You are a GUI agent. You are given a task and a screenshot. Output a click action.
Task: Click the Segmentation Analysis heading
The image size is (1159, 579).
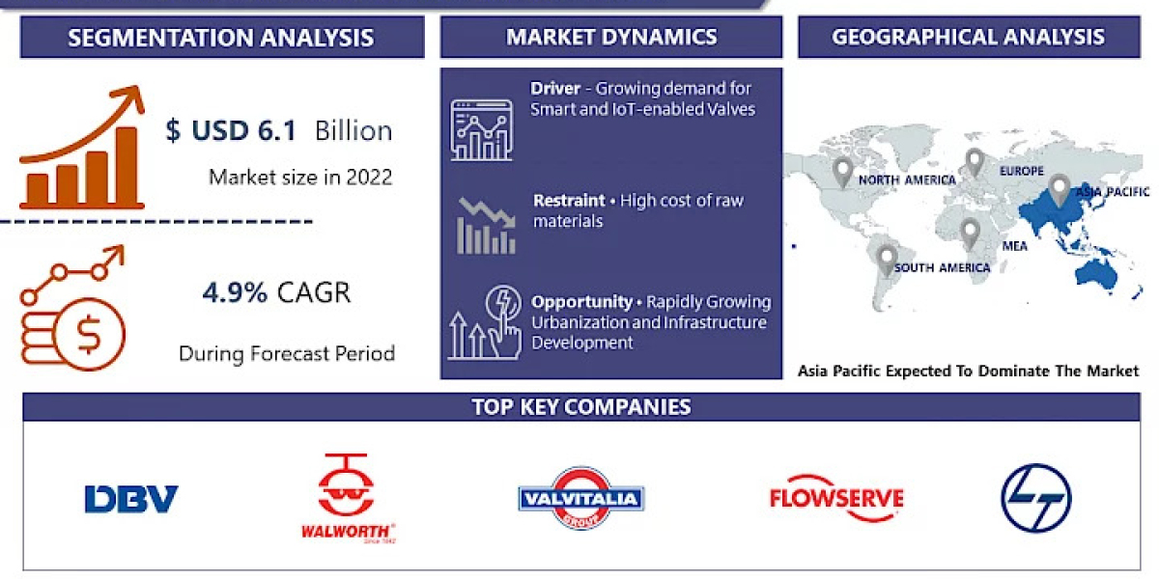221,39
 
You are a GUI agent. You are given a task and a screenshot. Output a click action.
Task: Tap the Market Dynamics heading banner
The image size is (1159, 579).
611,38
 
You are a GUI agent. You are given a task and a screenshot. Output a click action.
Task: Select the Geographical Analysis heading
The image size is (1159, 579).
968,38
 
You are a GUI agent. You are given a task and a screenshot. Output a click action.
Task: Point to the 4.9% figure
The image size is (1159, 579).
235,292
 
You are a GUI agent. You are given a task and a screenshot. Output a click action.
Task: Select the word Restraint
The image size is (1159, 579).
568,201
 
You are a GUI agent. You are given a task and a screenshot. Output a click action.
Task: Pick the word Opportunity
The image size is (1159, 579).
581,301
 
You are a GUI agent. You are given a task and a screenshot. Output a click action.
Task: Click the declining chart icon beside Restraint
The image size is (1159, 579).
486,224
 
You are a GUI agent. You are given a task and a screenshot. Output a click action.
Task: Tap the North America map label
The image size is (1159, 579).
907,179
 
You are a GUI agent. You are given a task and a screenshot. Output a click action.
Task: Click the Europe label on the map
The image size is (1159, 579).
1022,172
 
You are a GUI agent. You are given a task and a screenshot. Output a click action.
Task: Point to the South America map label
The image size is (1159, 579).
942,267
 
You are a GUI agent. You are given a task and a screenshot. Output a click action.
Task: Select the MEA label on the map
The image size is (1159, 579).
1015,246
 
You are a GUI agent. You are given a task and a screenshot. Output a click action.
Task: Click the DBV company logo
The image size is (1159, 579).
131,499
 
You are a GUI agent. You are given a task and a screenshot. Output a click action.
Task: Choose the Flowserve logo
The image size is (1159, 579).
836,498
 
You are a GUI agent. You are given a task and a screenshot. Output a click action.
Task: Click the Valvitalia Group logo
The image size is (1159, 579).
580,498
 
